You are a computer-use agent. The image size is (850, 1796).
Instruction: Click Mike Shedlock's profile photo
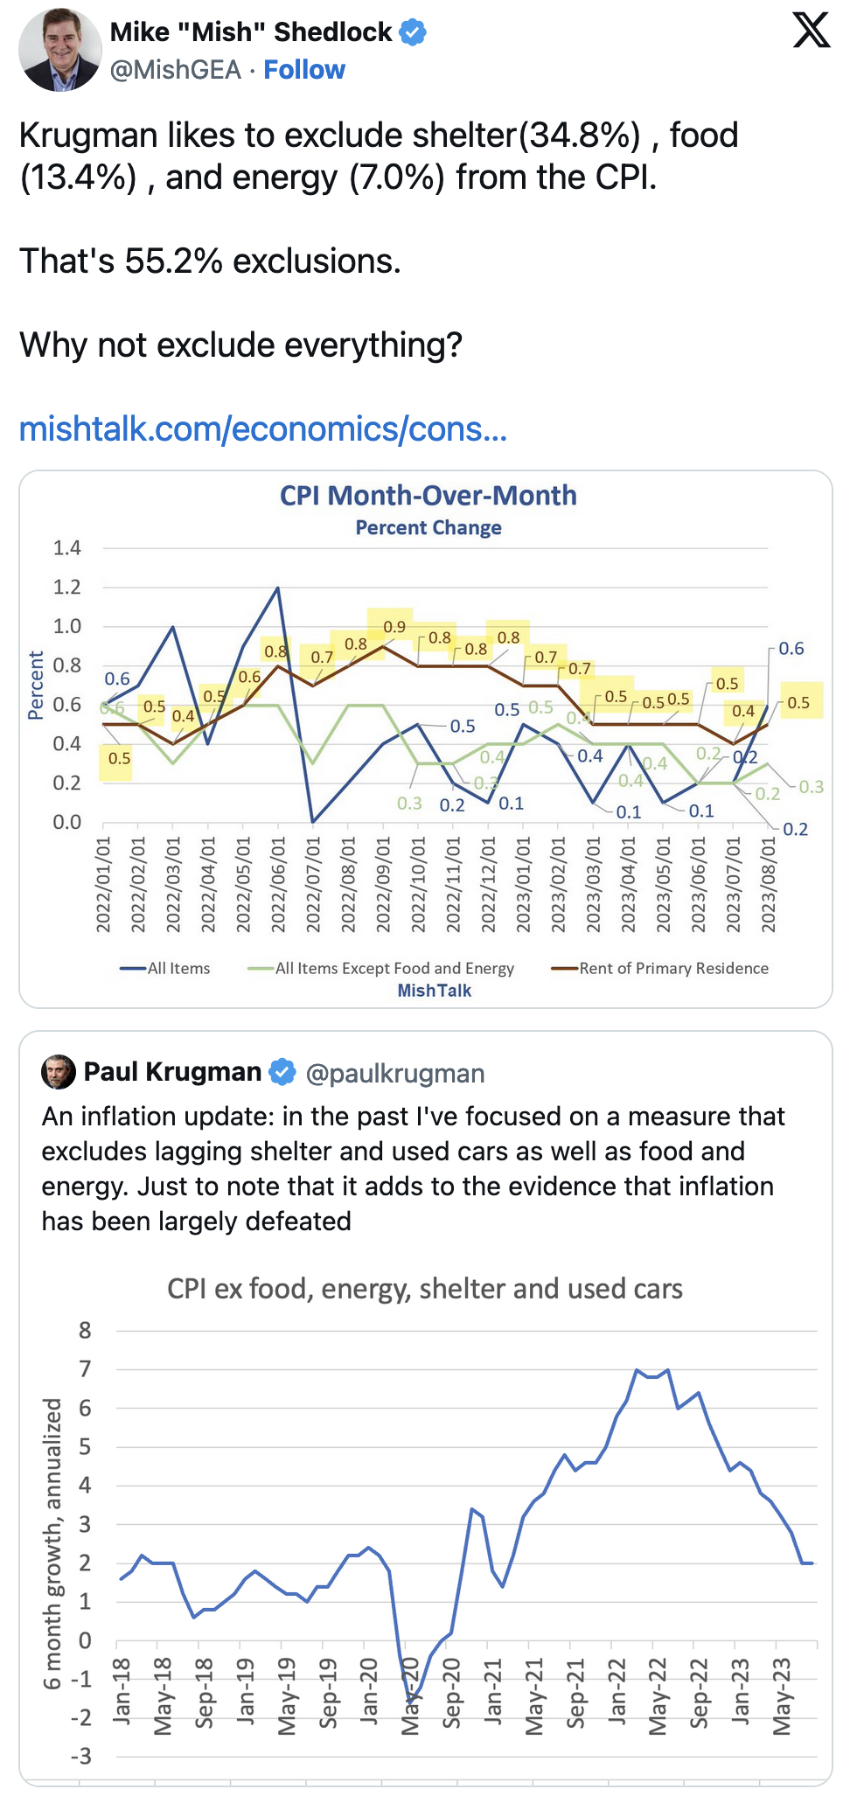tap(60, 51)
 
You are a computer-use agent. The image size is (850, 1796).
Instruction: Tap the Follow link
tap(304, 70)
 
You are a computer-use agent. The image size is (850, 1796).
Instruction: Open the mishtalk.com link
tap(263, 429)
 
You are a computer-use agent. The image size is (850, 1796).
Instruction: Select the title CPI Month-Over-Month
tap(428, 496)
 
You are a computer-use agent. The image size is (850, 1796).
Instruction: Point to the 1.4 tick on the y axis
tap(67, 548)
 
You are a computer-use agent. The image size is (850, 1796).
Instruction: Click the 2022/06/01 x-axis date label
tap(278, 884)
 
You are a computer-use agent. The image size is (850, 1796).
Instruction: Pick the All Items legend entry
tap(166, 968)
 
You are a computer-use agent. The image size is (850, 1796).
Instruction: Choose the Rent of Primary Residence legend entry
tap(661, 968)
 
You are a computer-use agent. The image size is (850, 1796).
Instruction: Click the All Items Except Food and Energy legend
tap(382, 968)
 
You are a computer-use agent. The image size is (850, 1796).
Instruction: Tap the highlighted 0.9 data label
tap(394, 627)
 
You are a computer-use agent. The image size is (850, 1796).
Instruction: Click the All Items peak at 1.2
tap(278, 588)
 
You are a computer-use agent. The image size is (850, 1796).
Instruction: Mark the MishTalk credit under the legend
tap(435, 991)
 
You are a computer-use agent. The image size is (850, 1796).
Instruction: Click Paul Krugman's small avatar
tap(59, 1072)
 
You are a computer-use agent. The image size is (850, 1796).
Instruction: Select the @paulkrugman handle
tap(395, 1073)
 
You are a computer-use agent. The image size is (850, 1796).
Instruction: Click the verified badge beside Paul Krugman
tap(282, 1072)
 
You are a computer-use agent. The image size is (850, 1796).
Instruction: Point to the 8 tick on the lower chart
tap(85, 1331)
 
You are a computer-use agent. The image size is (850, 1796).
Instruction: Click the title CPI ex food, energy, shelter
tap(425, 1289)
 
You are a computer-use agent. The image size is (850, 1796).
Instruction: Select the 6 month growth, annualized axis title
tap(54, 1543)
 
